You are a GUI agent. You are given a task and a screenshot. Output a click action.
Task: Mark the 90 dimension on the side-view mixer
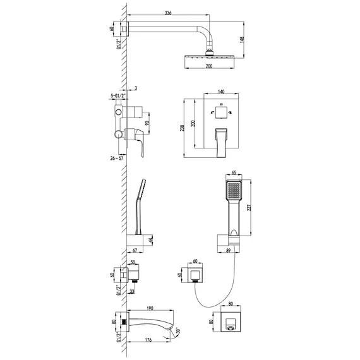147,123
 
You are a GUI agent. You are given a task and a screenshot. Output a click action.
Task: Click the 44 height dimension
151,241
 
